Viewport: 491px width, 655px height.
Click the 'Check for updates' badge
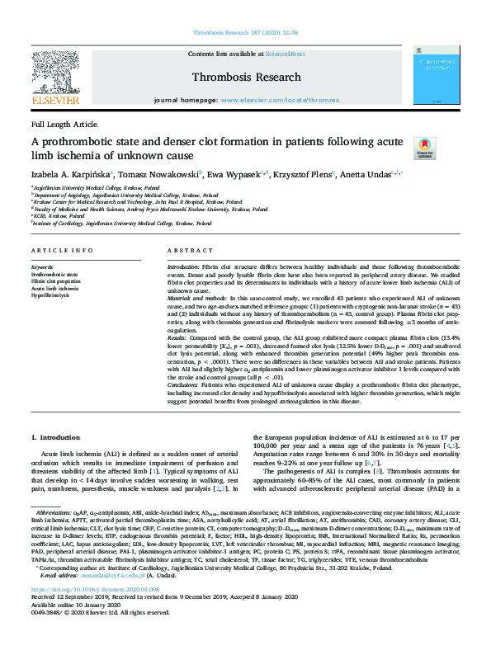click(x=423, y=148)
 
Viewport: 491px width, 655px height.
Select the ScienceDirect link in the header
click(x=285, y=54)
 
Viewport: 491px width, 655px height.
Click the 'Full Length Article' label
click(x=64, y=124)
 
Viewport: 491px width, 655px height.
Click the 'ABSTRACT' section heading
click(x=188, y=249)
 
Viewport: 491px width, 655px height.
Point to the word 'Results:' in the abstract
click(x=181, y=337)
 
